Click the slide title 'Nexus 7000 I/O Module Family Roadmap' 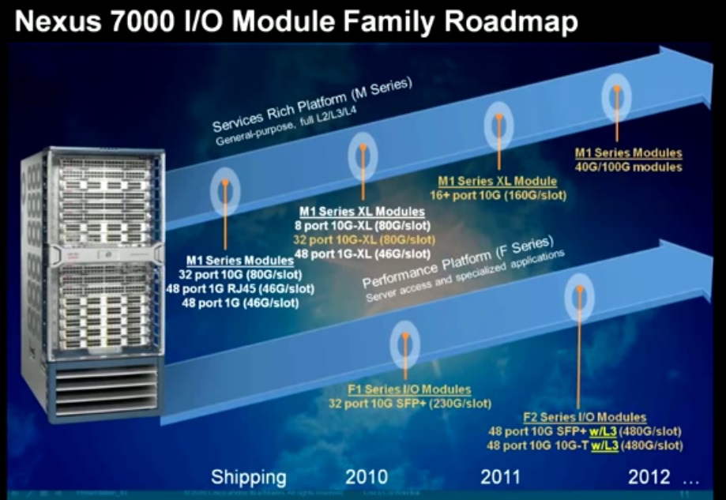coord(296,21)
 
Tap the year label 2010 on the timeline coord(367,476)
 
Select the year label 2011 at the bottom coord(500,476)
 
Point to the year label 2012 coord(649,476)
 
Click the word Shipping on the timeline coord(248,477)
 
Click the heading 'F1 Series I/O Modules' coord(409,390)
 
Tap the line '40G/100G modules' coord(628,167)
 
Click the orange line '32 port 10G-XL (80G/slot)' coord(362,238)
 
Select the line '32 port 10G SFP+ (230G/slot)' coord(409,404)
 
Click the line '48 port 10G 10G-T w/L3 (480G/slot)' coord(585,445)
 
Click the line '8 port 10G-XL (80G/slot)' coord(362,224)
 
